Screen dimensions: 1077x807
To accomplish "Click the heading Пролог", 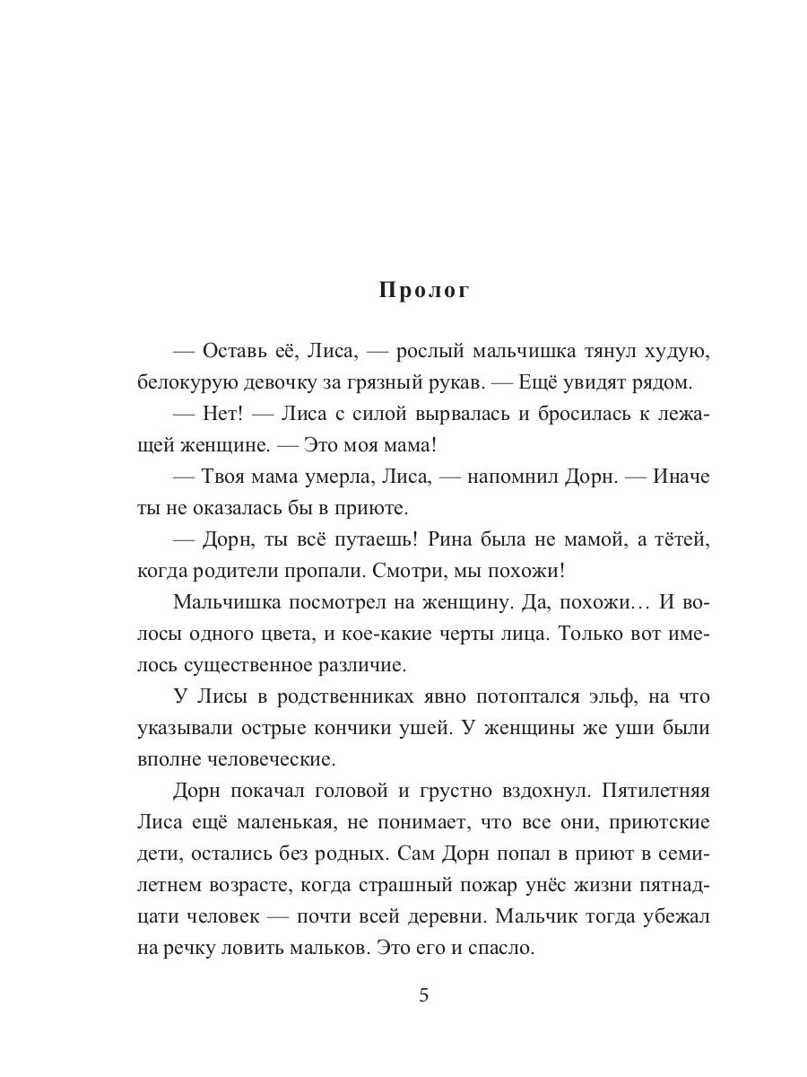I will point(424,291).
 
